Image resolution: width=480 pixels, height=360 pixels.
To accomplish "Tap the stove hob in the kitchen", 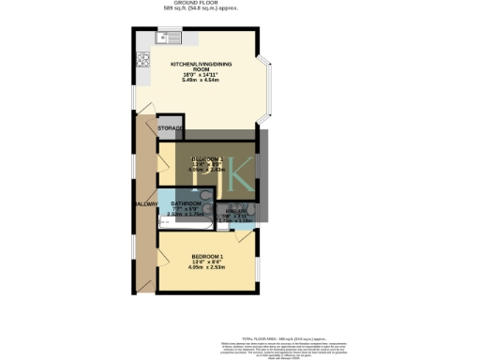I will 144,60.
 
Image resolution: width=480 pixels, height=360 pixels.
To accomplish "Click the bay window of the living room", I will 269,83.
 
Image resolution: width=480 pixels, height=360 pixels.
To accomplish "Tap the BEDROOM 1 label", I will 208,257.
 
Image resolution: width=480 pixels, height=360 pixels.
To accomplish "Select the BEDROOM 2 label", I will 208,158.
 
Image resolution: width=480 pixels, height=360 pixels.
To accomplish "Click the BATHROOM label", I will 186,203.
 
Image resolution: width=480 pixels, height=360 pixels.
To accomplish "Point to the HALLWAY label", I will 145,203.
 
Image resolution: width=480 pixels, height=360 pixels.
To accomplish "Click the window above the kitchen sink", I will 171,31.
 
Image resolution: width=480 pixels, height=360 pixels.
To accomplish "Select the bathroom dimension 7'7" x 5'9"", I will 186,209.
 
